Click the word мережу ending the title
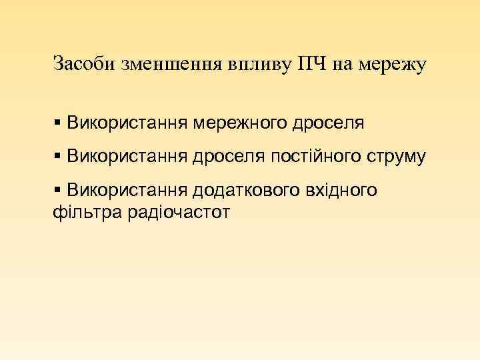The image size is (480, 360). [392, 65]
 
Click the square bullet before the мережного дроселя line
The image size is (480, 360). [58, 123]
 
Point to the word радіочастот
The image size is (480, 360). [179, 213]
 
